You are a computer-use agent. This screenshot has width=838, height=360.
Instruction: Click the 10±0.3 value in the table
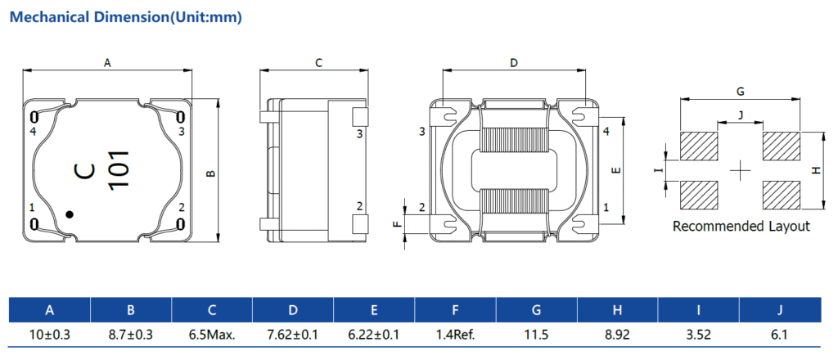[50, 335]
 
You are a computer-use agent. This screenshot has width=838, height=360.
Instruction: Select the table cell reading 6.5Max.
[212, 335]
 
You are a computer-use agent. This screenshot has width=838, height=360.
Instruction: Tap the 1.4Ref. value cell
[455, 335]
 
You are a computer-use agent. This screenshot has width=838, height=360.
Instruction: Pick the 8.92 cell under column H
[617, 335]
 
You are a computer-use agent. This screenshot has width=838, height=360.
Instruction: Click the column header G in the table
[537, 310]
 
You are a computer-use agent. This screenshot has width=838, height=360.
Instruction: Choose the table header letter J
[780, 310]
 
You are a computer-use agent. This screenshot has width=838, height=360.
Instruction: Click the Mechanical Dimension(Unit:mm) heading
[126, 17]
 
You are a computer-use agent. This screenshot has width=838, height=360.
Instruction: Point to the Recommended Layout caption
[741, 226]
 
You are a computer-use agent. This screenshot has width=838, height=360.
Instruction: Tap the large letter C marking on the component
[85, 170]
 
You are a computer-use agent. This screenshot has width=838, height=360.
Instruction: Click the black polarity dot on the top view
[69, 214]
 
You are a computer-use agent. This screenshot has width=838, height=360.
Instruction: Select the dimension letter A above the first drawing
[107, 63]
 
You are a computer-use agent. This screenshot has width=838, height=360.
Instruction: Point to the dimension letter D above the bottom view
[514, 63]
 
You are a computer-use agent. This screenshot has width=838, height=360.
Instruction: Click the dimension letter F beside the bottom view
[396, 224]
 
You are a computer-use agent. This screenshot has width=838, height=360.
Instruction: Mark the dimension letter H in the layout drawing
[816, 170]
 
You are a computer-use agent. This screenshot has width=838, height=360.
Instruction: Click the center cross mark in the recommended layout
[740, 170]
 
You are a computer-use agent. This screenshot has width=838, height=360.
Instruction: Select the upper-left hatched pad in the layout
[699, 146]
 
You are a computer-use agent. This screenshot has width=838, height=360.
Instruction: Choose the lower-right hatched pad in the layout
[782, 195]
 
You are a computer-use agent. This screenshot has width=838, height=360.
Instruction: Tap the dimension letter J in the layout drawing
[740, 115]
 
